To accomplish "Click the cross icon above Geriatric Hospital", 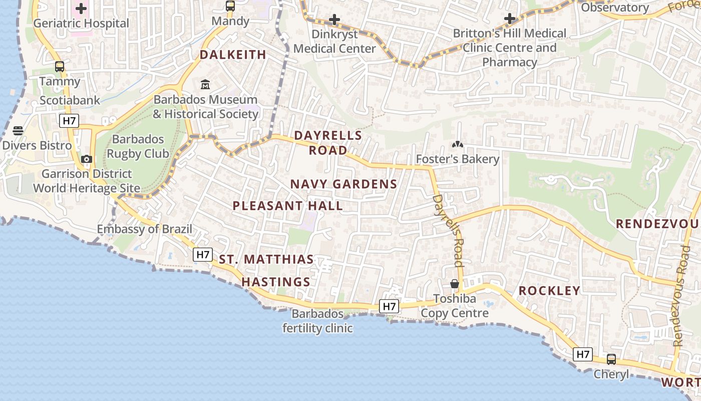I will click(x=81, y=8).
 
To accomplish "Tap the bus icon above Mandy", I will click(x=230, y=6).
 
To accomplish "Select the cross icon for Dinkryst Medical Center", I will click(x=334, y=20).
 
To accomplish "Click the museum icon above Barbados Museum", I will click(x=205, y=84).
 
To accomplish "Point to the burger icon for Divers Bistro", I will click(x=19, y=131).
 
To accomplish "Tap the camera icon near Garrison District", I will click(x=87, y=159).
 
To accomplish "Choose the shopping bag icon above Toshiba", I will click(x=455, y=284).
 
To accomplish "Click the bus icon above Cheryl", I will click(x=611, y=359).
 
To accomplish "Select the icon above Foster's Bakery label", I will click(x=457, y=145).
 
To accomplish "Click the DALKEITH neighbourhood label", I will click(x=233, y=55).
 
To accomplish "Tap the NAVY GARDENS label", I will click(x=343, y=184).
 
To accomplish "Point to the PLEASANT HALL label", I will click(x=288, y=206).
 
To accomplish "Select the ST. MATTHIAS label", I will click(x=266, y=260).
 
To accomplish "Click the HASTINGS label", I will click(x=276, y=282).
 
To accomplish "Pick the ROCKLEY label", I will click(x=549, y=290).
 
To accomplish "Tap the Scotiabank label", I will click(x=70, y=100).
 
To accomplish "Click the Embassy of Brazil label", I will click(x=144, y=229).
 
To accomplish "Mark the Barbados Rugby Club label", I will click(x=138, y=146).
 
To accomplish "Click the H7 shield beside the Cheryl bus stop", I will click(x=583, y=354).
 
